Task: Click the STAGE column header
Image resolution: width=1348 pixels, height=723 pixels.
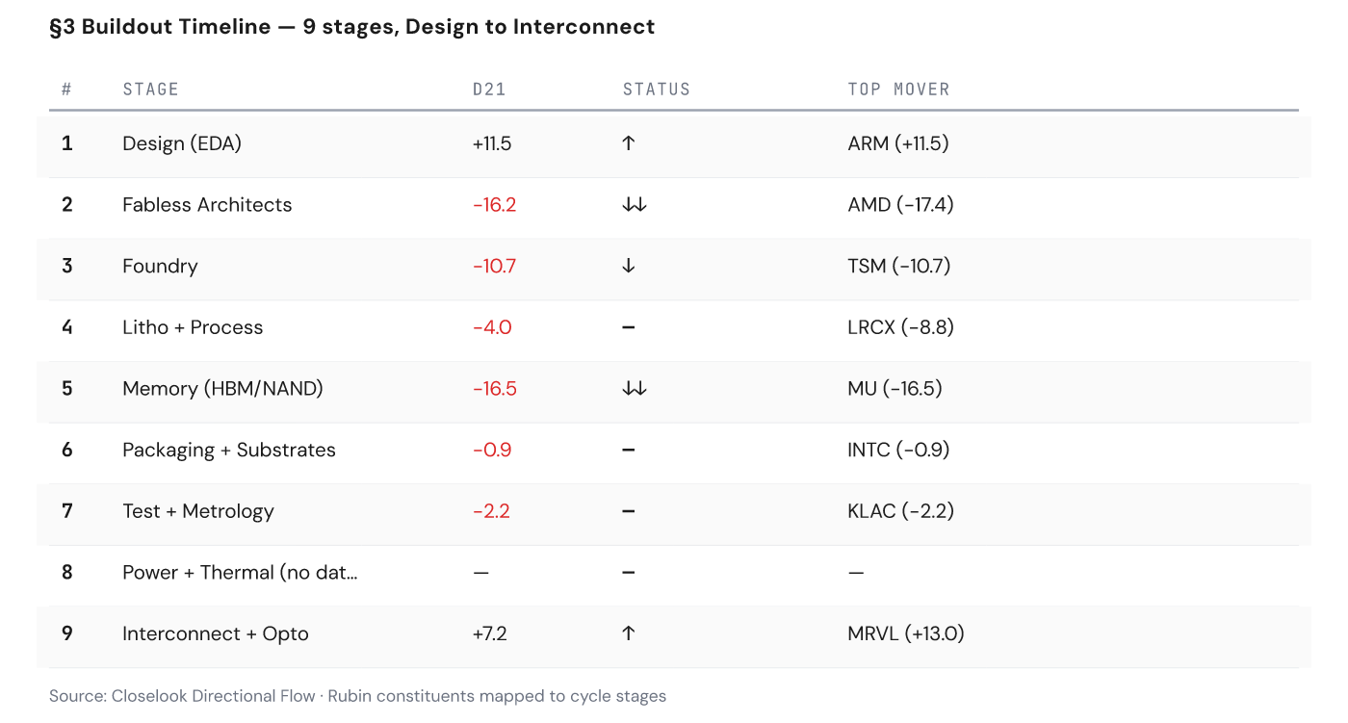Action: pyautogui.click(x=150, y=90)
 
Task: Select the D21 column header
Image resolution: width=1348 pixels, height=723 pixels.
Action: pyautogui.click(x=489, y=90)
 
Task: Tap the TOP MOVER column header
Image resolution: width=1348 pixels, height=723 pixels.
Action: pyautogui.click(x=898, y=90)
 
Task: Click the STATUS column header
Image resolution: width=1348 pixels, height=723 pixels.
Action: pyautogui.click(x=657, y=90)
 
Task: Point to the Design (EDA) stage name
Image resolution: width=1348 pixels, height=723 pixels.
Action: pyautogui.click(x=182, y=143)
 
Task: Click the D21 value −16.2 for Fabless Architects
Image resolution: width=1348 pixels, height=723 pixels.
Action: pyautogui.click(x=494, y=205)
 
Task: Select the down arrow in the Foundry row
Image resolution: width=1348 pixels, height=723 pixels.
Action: pyautogui.click(x=628, y=267)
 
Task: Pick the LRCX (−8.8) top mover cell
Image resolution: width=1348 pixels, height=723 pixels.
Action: pyautogui.click(x=900, y=327)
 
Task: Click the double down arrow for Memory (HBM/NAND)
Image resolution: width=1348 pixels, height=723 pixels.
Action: pyautogui.click(x=634, y=389)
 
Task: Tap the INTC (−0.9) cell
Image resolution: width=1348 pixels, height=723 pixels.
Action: pyautogui.click(x=898, y=450)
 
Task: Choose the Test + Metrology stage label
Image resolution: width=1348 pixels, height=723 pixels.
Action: pyautogui.click(x=198, y=511)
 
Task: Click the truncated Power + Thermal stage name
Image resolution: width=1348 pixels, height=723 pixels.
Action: pyautogui.click(x=240, y=573)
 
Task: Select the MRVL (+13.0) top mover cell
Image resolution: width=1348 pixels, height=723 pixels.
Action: pyautogui.click(x=906, y=633)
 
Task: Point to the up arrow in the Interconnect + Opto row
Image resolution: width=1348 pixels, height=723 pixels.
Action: pyautogui.click(x=628, y=633)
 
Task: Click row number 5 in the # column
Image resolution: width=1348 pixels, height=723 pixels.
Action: pyautogui.click(x=67, y=389)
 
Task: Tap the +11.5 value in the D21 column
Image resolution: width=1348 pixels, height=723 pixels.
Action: pyautogui.click(x=491, y=143)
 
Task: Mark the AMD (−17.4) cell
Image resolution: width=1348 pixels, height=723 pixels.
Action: pyautogui.click(x=900, y=205)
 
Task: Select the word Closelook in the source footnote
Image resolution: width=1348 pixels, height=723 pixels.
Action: pyautogui.click(x=151, y=696)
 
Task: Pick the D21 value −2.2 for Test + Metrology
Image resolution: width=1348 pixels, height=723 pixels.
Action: pyautogui.click(x=491, y=511)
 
